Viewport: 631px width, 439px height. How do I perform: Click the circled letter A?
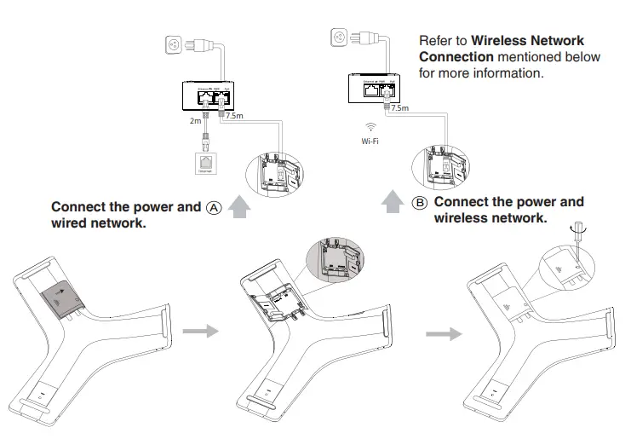(213, 207)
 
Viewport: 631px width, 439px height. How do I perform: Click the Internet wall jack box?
(204, 162)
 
